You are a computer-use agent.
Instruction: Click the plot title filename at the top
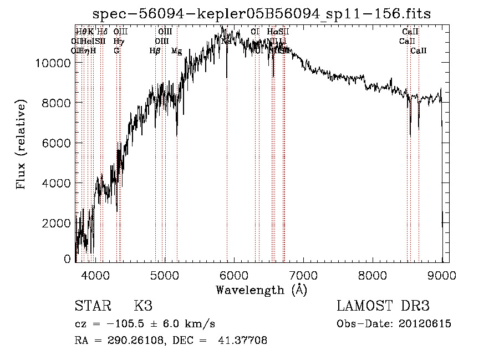coord(262,13)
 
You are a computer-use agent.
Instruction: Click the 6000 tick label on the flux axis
coord(55,143)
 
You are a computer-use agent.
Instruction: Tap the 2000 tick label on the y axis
coord(55,223)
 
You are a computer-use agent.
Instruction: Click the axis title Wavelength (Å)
coord(261,290)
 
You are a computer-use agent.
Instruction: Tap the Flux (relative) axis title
coord(22,145)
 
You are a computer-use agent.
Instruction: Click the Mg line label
coord(176,51)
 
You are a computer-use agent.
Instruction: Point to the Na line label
coord(226,41)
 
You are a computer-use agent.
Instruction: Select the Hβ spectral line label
coord(155,51)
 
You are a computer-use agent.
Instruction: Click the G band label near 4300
coord(116,51)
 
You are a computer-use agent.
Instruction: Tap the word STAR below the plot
coord(92,306)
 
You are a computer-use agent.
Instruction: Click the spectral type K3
coord(143,306)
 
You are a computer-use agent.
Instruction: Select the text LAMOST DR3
coord(383,306)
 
